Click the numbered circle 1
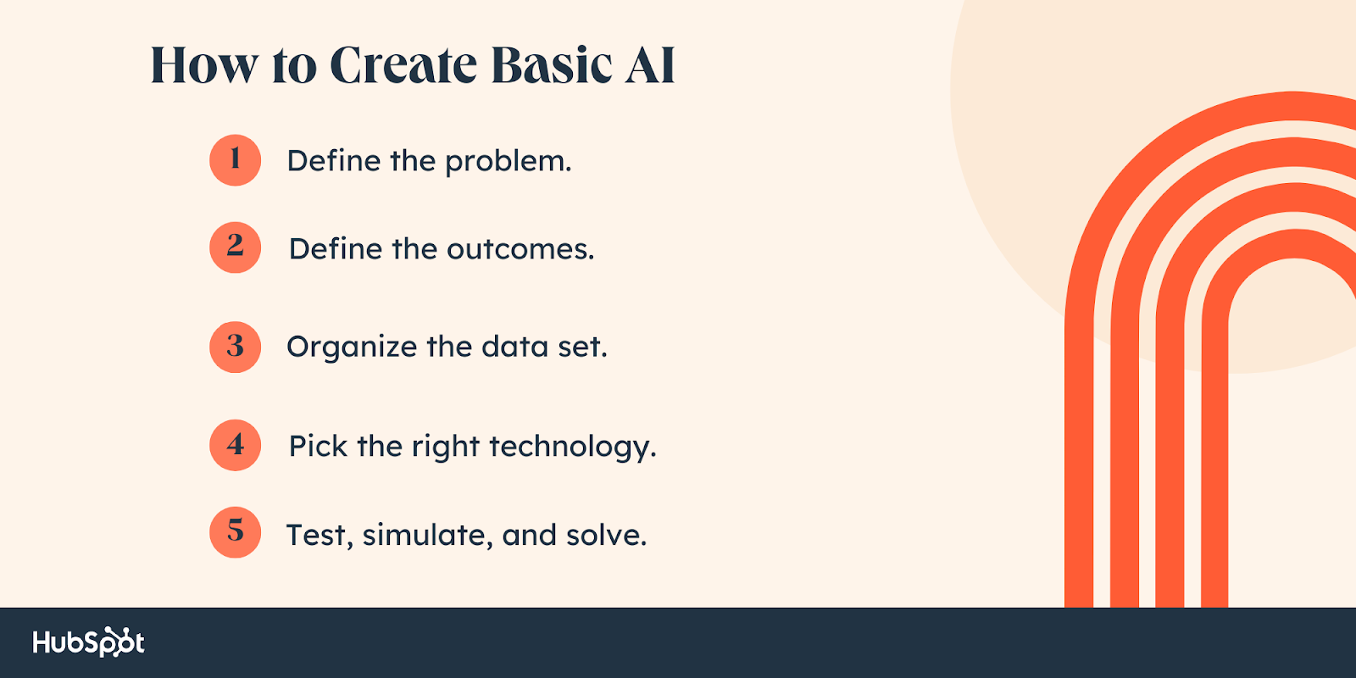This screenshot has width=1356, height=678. point(235,160)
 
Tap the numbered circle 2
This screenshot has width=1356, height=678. point(235,247)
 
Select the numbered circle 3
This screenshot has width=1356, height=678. point(235,347)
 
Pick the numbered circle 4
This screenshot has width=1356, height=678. point(235,445)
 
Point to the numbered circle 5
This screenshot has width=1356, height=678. point(235,532)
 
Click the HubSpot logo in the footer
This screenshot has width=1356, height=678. point(88,642)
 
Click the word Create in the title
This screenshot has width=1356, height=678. point(403,65)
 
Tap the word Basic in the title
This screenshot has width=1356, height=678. point(552,65)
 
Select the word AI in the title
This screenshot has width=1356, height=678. point(650,65)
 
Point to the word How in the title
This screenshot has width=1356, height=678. point(203,65)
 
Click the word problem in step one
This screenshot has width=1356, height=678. point(508,162)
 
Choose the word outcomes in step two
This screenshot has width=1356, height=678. point(520,249)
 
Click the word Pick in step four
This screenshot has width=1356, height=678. point(318,446)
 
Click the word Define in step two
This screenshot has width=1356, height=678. point(336,249)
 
